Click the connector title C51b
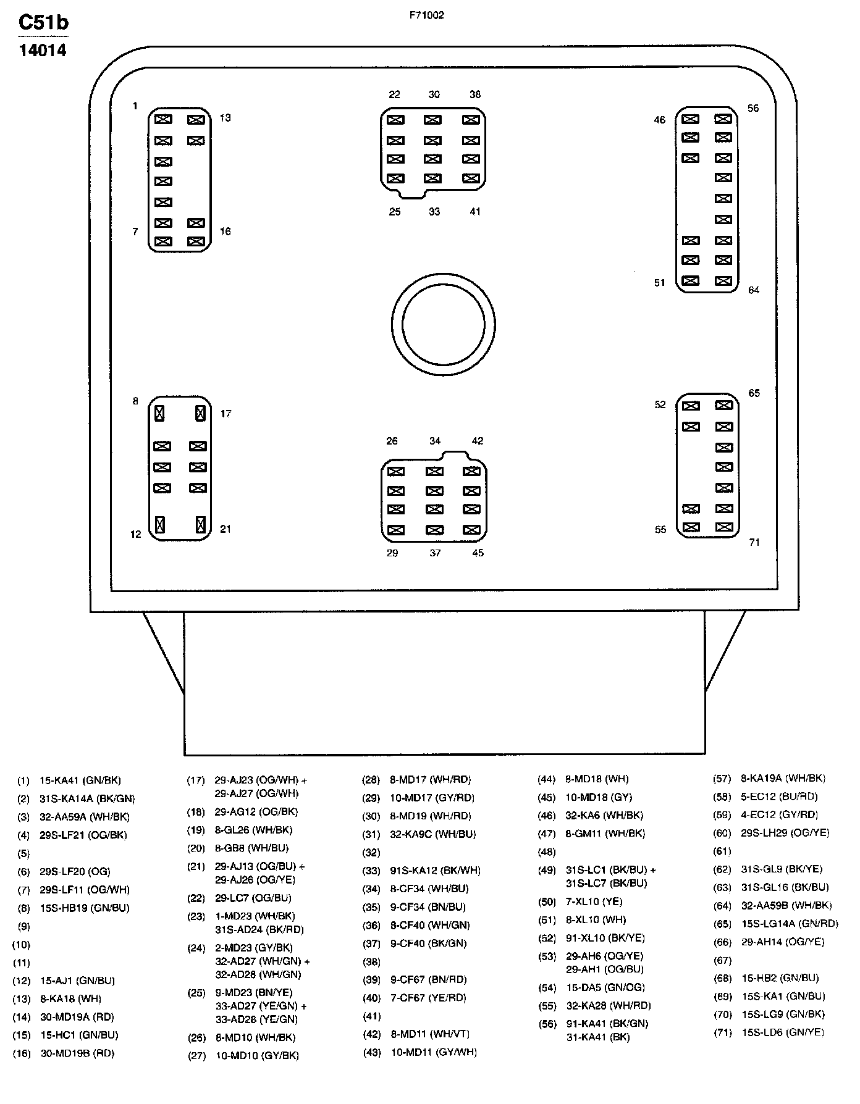(43, 23)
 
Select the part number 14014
(43, 51)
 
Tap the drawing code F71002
(426, 15)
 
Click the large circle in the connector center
(443, 324)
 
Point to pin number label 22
(394, 94)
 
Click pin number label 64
(753, 290)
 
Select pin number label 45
(478, 553)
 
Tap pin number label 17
(226, 414)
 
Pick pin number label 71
(754, 542)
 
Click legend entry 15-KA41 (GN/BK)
(80, 780)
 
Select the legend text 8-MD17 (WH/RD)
(430, 780)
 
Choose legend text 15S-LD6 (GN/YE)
(782, 1032)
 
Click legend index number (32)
(371, 852)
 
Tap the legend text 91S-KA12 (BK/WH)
(435, 871)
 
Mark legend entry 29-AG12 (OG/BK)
(256, 812)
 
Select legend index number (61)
(722, 851)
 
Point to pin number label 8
(135, 401)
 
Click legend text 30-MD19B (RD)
(77, 1053)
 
